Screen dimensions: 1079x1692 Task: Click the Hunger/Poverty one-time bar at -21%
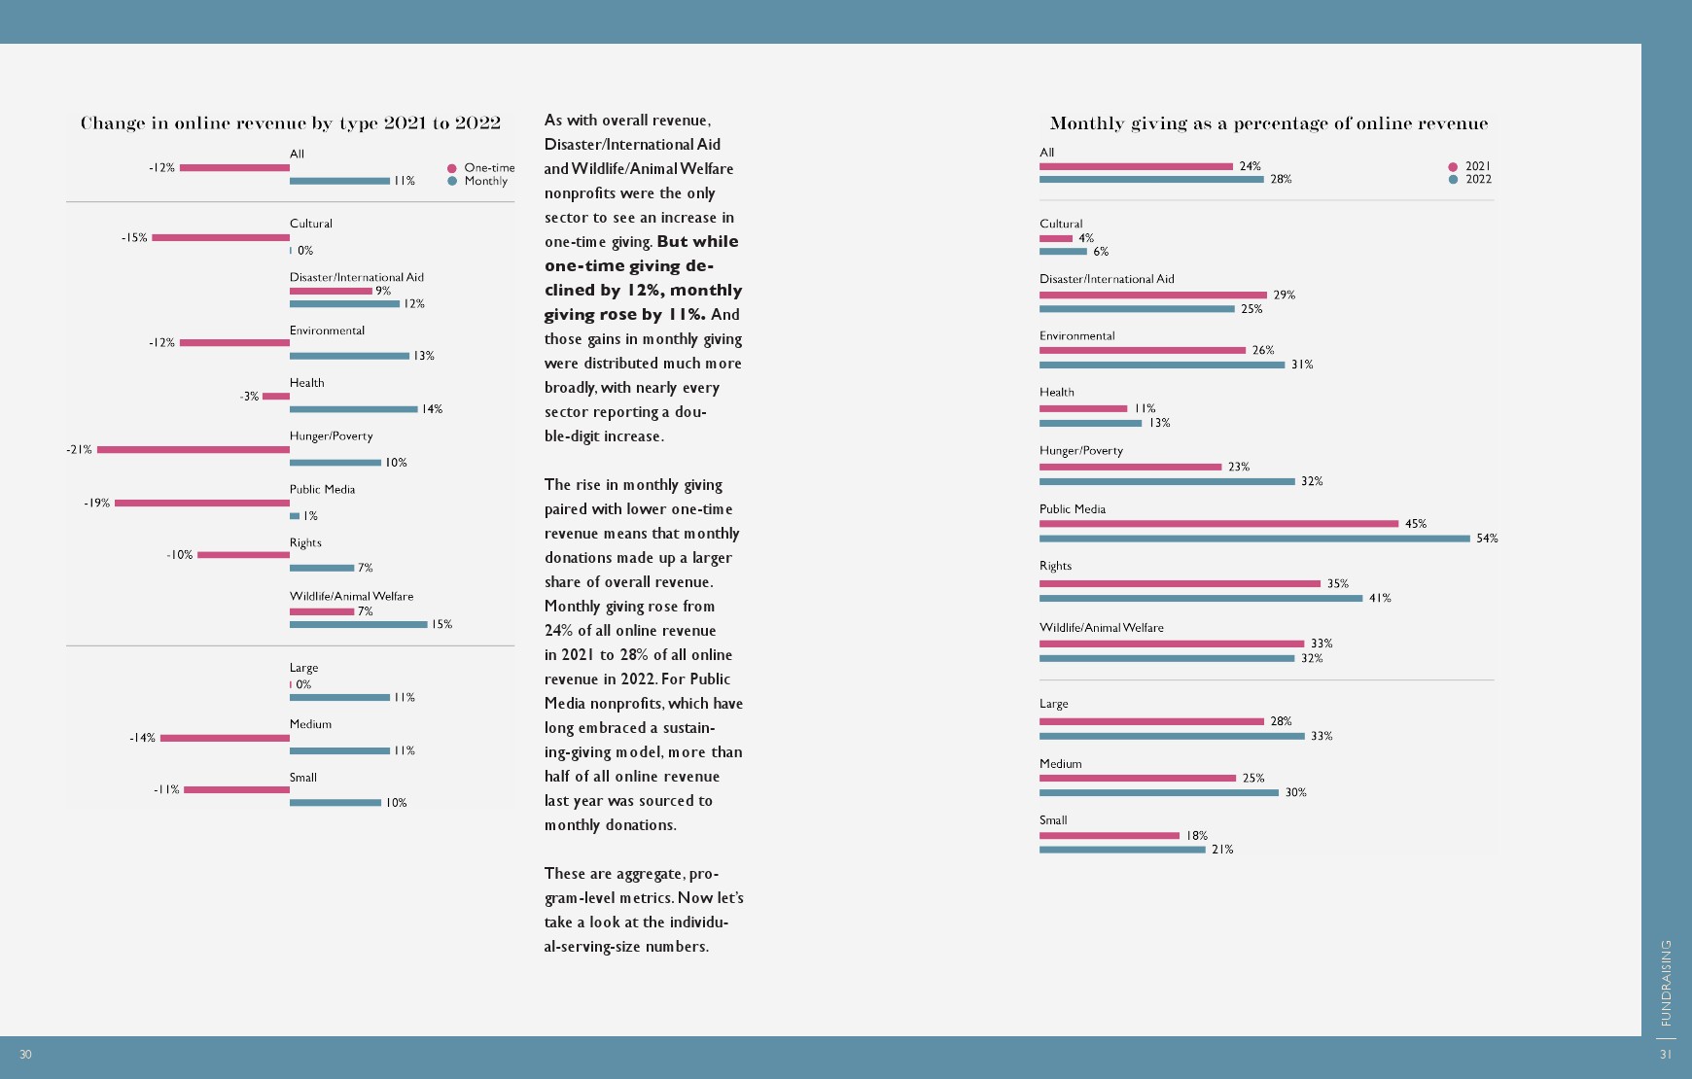click(x=194, y=449)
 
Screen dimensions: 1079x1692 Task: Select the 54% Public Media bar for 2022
click(x=1254, y=539)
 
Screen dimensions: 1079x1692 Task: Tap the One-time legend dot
click(x=452, y=168)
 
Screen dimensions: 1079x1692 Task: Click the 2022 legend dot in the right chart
click(x=1453, y=180)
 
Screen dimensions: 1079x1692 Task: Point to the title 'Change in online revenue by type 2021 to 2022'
click(x=291, y=123)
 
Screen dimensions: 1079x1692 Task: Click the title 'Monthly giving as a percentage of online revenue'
click(x=1269, y=123)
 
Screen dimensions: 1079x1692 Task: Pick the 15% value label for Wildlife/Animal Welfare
click(x=442, y=624)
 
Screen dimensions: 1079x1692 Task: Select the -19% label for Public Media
click(x=97, y=504)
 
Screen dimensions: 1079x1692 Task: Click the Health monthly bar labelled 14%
click(x=353, y=409)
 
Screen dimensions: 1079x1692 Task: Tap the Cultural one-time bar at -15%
click(x=221, y=237)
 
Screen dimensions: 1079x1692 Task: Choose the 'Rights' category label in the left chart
click(x=305, y=542)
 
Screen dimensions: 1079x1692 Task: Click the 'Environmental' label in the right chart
click(x=1077, y=336)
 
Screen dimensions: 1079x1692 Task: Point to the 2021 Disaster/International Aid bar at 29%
click(x=1153, y=295)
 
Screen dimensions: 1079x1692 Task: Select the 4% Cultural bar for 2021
click(x=1056, y=238)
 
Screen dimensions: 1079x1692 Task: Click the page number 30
click(x=25, y=1055)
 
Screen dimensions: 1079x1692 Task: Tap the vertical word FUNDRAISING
click(x=1666, y=983)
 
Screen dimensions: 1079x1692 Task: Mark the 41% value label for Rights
click(x=1380, y=599)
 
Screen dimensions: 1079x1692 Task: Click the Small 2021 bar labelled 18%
click(x=1110, y=835)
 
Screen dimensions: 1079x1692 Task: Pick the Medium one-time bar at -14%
click(x=225, y=738)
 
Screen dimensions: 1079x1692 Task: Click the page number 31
click(x=1666, y=1055)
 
